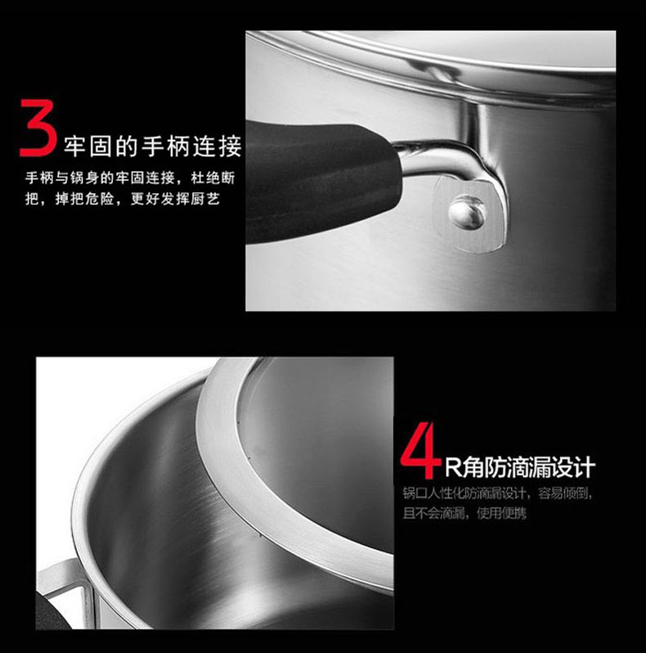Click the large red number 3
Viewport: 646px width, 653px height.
pyautogui.click(x=38, y=128)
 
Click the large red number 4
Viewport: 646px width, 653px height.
pyautogui.click(x=419, y=450)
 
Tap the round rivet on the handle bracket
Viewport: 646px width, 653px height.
pyautogui.click(x=467, y=213)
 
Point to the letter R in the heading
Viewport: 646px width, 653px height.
pyautogui.click(x=453, y=467)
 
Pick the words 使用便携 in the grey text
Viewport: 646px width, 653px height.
pyautogui.click(x=501, y=512)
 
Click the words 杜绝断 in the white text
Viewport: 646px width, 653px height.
pyautogui.click(x=213, y=178)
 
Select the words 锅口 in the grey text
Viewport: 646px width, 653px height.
pyautogui.click(x=415, y=493)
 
